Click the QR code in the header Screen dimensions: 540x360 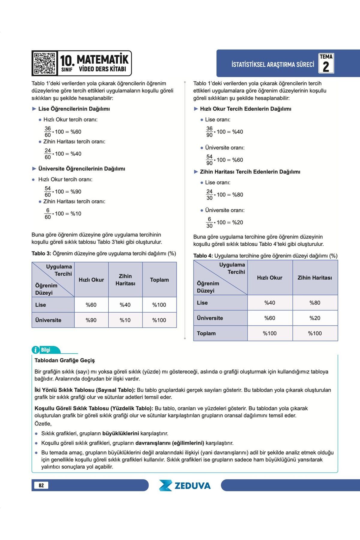coord(44,63)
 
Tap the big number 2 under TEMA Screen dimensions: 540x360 coord(326,67)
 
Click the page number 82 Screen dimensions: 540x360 coord(41,485)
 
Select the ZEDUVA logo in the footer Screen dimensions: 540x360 coord(185,485)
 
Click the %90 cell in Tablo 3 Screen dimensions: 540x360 coord(91,320)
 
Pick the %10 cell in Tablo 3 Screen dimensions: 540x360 coord(125,320)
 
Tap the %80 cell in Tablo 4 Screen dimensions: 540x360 coord(315,303)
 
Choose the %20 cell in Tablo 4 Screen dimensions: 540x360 coord(315,318)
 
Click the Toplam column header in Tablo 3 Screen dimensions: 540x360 coord(159,280)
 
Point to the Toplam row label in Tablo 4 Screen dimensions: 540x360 coord(206,333)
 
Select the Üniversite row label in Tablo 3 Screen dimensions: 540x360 coord(48,320)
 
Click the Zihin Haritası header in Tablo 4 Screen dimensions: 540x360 coord(315,278)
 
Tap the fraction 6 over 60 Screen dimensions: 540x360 coord(48,214)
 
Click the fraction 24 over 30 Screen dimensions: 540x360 coord(209,195)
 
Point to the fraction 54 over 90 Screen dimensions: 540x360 coord(209,160)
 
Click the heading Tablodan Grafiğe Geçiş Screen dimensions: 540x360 coord(64,360)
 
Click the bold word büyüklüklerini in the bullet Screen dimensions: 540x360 coord(121,433)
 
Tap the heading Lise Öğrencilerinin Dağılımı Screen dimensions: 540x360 coord(74,109)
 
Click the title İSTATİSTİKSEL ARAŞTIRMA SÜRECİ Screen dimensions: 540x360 coord(273,64)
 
